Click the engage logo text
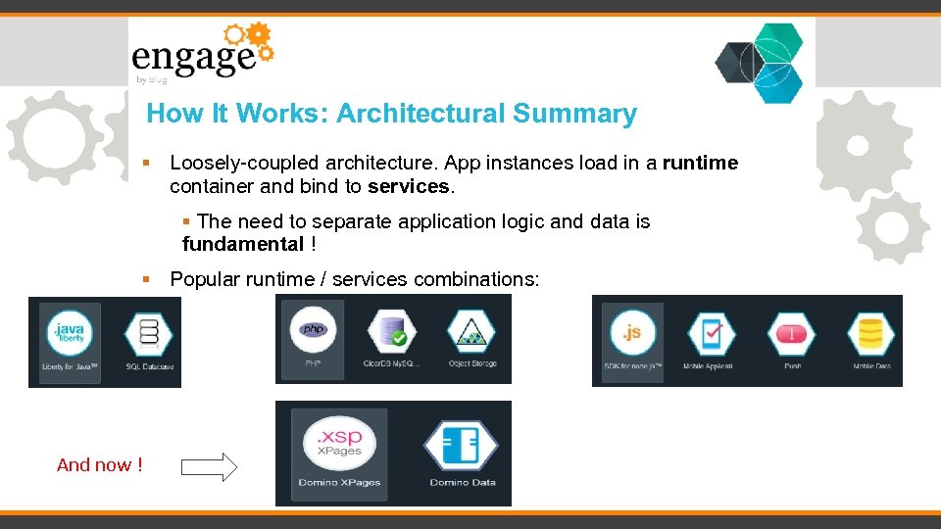[x=193, y=58]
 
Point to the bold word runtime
[x=700, y=163]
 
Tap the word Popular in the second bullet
[x=205, y=279]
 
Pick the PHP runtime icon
[x=314, y=331]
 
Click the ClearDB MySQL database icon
[x=391, y=334]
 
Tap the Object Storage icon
[x=472, y=334]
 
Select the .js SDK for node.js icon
[x=632, y=333]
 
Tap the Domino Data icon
[x=462, y=444]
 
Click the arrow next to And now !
[x=210, y=466]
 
